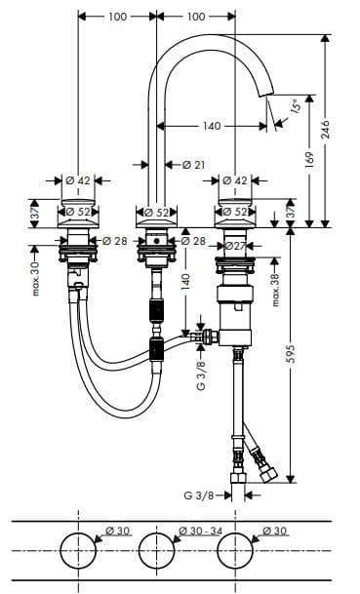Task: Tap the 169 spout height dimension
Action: [309, 160]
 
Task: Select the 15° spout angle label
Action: [296, 104]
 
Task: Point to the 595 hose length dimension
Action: [291, 353]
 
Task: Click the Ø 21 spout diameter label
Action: [193, 165]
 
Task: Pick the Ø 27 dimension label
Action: [235, 246]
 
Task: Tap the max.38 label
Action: [275, 290]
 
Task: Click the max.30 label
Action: [35, 279]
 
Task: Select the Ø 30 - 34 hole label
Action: [200, 532]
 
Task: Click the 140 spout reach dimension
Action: [211, 126]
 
